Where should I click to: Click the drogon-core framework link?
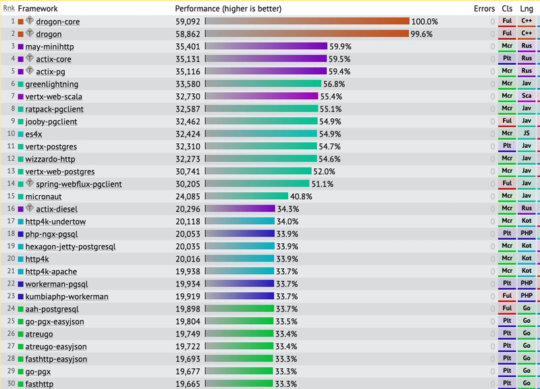(58, 22)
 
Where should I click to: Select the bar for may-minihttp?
(266, 46)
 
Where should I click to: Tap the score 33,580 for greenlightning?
(188, 84)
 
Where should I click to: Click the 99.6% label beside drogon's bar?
(421, 34)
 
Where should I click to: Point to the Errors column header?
(484, 9)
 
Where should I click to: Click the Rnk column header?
(9, 8)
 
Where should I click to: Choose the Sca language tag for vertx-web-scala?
(526, 96)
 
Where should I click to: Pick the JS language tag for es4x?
(526, 133)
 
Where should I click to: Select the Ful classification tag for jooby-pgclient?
(507, 121)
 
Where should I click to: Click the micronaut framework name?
(43, 197)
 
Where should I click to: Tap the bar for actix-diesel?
(240, 209)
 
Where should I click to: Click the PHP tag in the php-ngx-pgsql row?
(526, 233)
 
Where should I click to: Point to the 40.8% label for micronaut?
(301, 197)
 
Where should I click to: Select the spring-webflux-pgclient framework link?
(79, 184)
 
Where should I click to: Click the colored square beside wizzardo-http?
(21, 159)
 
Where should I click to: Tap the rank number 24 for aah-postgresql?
(11, 309)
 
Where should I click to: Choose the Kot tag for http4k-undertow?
(526, 221)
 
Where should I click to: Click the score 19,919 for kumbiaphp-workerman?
(188, 296)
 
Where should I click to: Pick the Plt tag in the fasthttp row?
(507, 383)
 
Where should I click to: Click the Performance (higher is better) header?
(228, 9)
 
